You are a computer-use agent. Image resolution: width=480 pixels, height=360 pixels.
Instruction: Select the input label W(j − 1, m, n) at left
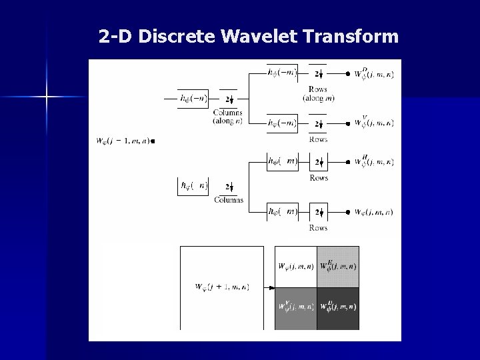(x=125, y=141)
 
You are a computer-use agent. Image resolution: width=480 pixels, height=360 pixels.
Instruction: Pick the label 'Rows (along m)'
(x=318, y=94)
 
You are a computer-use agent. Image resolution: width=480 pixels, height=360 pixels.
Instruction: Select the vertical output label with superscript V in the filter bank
(x=373, y=123)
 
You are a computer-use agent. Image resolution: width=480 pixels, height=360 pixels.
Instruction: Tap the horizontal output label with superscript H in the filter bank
(x=373, y=162)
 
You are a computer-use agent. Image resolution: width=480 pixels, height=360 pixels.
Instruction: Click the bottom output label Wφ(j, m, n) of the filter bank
(x=373, y=212)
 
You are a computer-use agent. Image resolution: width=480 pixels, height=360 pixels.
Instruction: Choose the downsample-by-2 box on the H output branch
(x=318, y=162)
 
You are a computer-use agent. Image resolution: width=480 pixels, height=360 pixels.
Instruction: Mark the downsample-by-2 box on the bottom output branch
(x=318, y=212)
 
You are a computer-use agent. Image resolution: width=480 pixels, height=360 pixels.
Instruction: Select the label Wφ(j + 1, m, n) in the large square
(x=222, y=287)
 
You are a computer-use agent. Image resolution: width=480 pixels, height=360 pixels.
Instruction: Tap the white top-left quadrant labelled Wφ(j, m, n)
(x=296, y=267)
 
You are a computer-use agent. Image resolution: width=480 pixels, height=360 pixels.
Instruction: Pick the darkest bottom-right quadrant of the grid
(x=338, y=308)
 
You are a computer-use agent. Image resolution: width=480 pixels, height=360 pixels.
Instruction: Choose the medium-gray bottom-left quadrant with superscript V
(x=296, y=308)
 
